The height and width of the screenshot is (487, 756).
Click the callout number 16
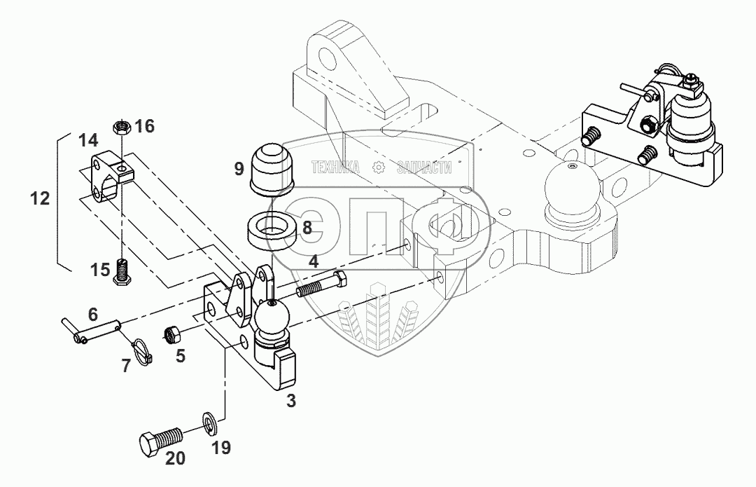pyautogui.click(x=145, y=126)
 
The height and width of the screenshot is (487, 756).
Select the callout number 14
pyautogui.click(x=88, y=140)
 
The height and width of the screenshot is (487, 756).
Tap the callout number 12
pyautogui.click(x=41, y=198)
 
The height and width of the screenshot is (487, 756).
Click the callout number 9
pyautogui.click(x=239, y=168)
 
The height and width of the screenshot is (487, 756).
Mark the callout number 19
pyautogui.click(x=221, y=447)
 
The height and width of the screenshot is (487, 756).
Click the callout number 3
pyautogui.click(x=291, y=401)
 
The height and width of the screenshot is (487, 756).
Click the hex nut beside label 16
pyautogui.click(x=120, y=127)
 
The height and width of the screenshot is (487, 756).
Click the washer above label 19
pyautogui.click(x=209, y=420)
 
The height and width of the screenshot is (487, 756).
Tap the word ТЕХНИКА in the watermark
pyautogui.click(x=335, y=167)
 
